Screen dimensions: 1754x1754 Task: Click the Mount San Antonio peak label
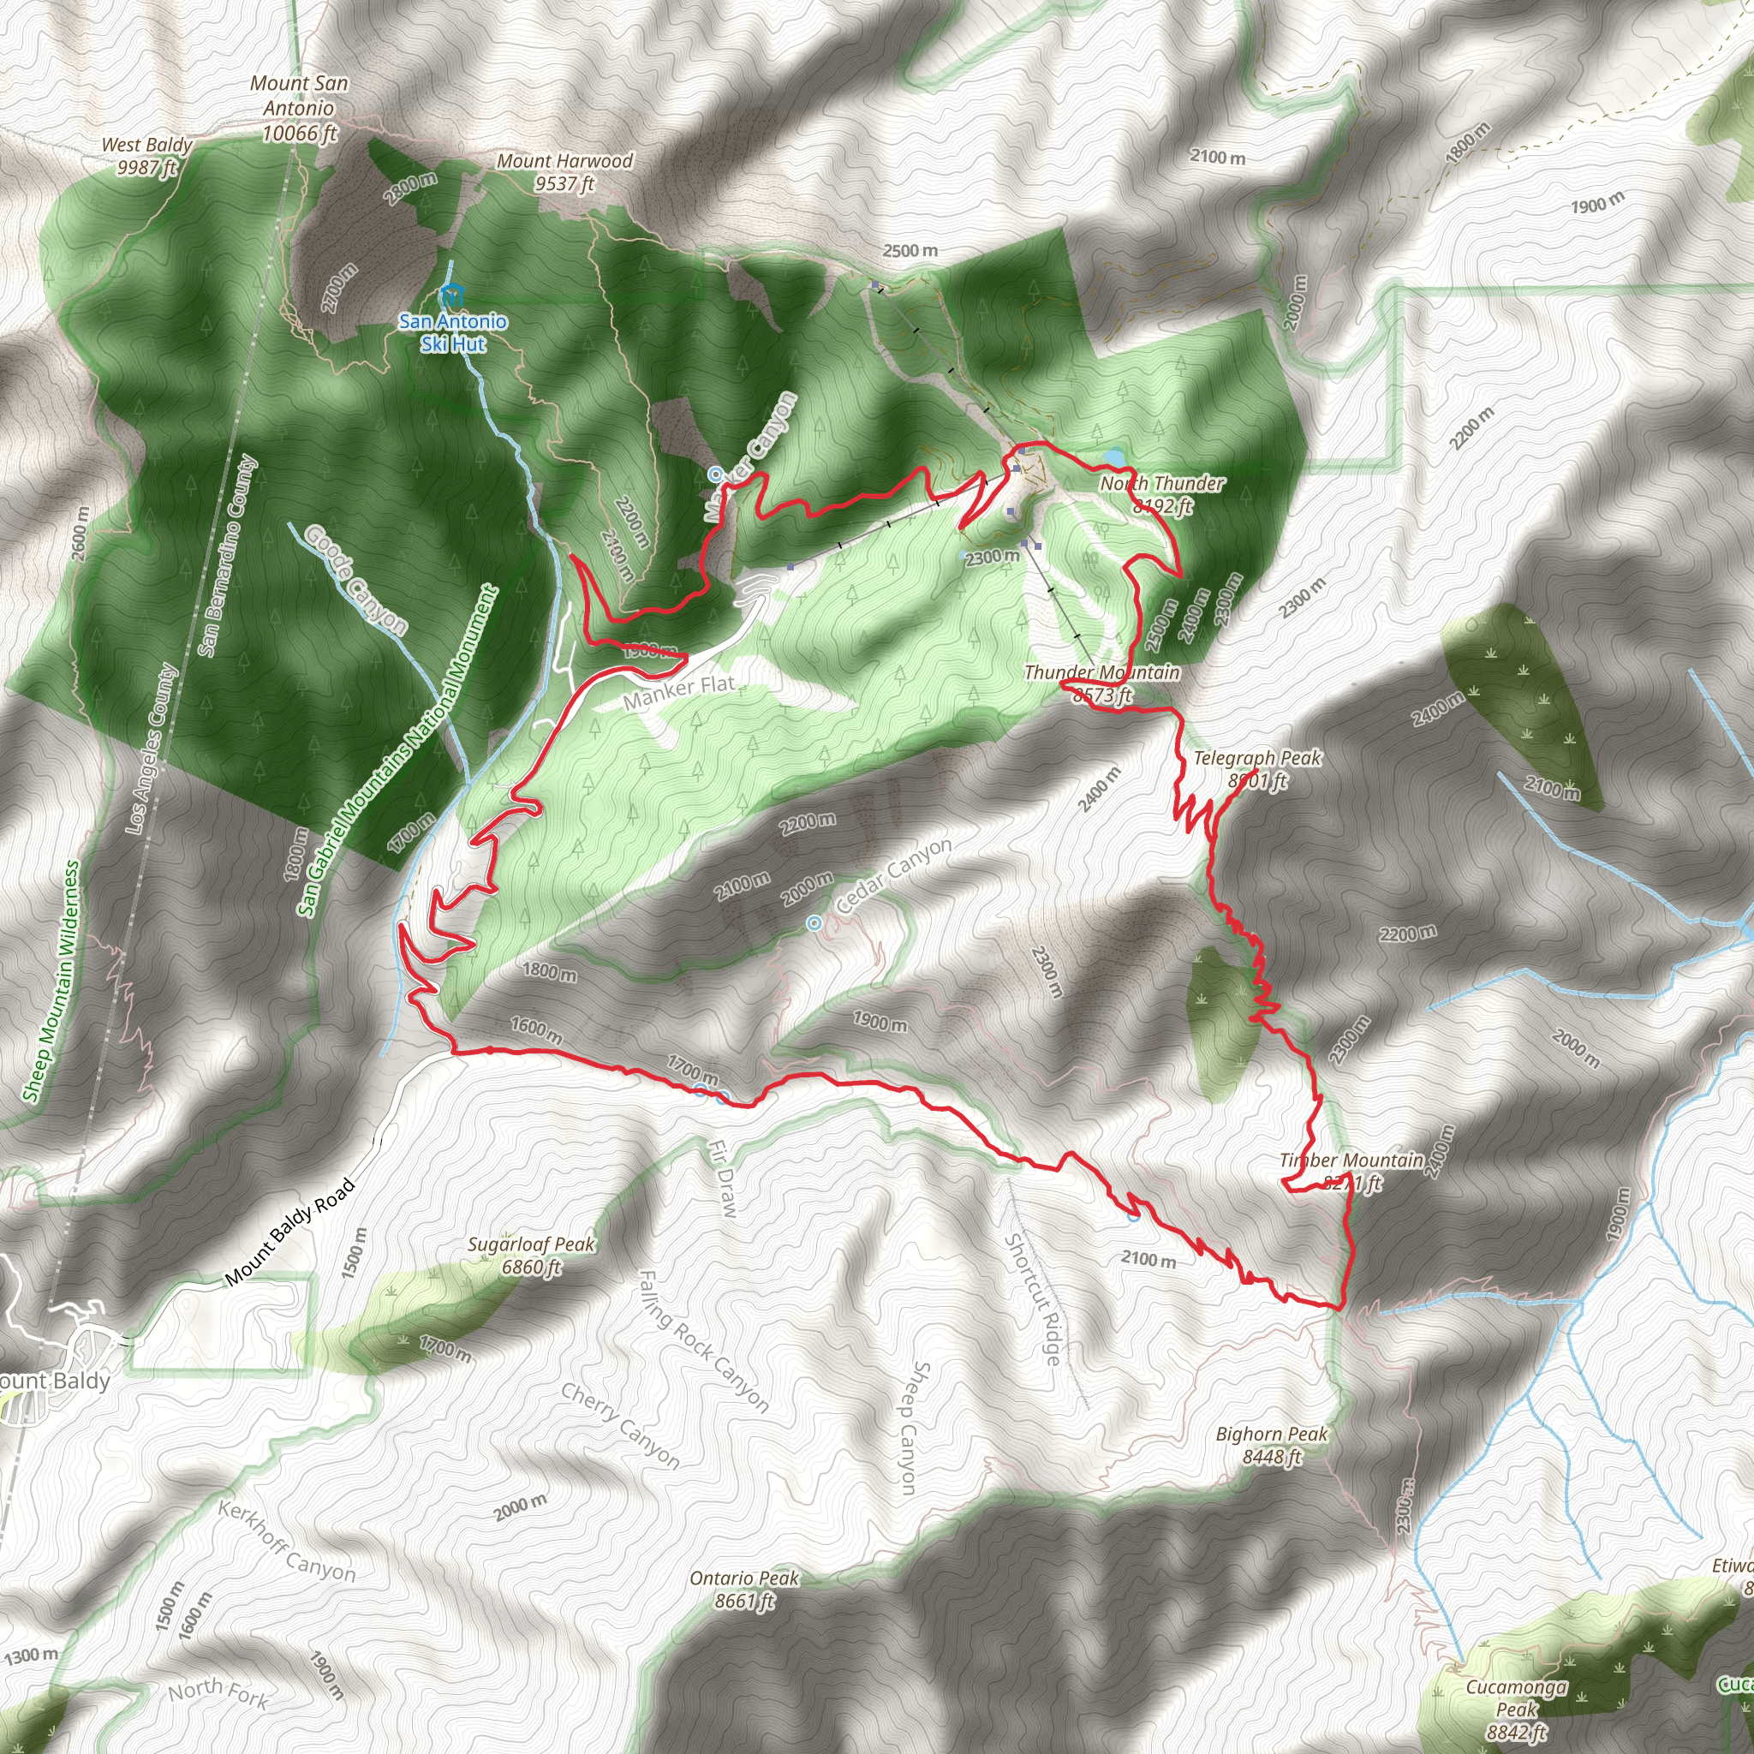tap(299, 108)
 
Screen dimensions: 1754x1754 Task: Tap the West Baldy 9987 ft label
tap(146, 155)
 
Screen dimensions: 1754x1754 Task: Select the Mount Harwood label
tap(564, 171)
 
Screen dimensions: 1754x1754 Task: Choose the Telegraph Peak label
tap(1257, 768)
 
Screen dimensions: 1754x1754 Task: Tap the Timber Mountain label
tap(1351, 1170)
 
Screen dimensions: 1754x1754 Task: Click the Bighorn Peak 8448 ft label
tap(1271, 1445)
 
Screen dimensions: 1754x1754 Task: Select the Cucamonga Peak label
tap(1516, 1709)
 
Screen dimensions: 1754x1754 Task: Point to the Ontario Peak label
tap(743, 1589)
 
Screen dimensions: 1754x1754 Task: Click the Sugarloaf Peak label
tap(531, 1255)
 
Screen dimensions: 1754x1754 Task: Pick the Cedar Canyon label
tap(893, 874)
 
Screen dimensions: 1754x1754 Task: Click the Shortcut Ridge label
tap(1032, 1299)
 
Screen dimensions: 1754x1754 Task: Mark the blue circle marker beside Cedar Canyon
tap(814, 923)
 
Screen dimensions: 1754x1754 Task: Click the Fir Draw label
tap(725, 1178)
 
